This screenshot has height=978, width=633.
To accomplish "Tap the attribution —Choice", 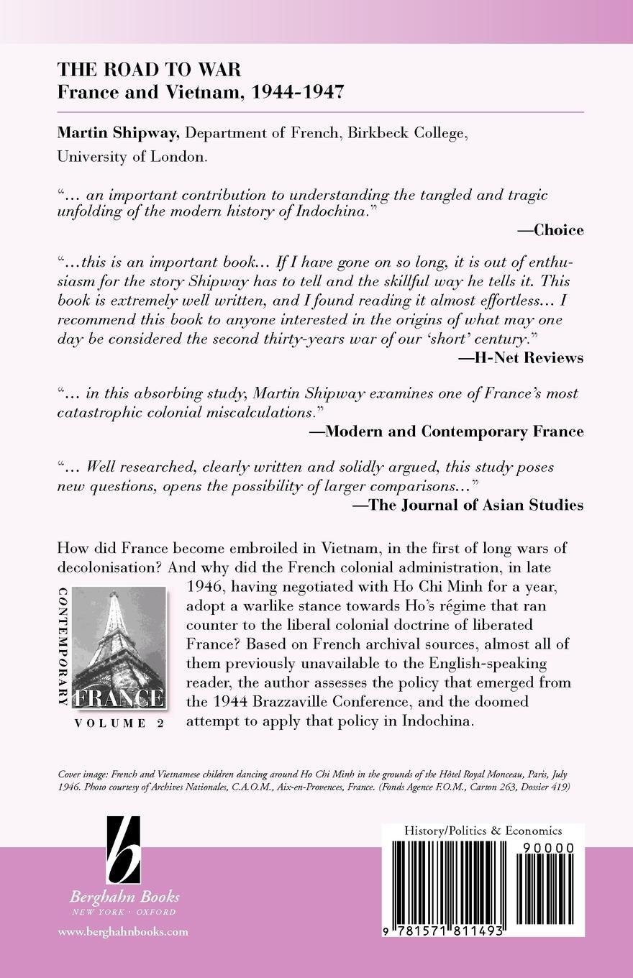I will coord(550,230).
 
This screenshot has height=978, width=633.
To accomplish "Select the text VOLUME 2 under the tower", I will coord(119,723).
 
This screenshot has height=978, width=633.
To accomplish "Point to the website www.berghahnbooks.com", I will coord(122,931).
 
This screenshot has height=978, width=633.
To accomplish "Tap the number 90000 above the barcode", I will coord(545,849).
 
